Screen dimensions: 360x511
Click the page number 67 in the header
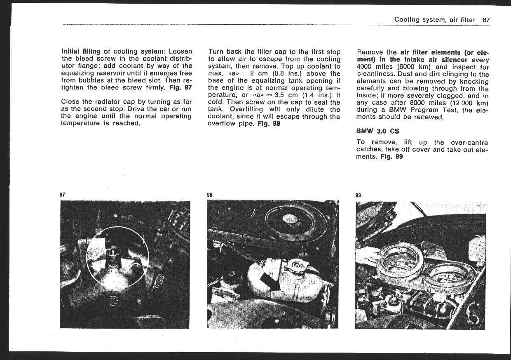pyautogui.click(x=486, y=20)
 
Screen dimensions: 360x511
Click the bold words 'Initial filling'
pyautogui.click(x=80, y=52)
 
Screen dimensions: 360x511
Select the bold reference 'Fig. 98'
pyautogui.click(x=269, y=124)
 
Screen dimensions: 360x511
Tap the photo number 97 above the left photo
pyautogui.click(x=63, y=194)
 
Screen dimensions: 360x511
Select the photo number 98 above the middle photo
pyautogui.click(x=210, y=194)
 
